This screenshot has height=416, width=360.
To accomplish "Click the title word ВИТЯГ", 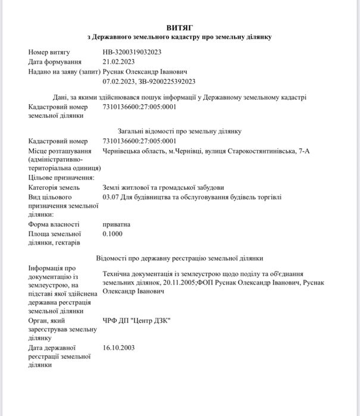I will click(x=179, y=27).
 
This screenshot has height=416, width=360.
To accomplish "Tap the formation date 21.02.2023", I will click(x=119, y=61).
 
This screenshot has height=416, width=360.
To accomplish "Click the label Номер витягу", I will click(x=49, y=52).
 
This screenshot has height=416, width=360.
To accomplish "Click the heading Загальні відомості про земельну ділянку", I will click(x=179, y=131).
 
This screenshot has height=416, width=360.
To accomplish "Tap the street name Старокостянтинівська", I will click(x=260, y=151).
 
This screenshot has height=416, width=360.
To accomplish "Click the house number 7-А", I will click(x=303, y=151).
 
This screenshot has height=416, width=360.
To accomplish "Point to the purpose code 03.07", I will click(x=111, y=196).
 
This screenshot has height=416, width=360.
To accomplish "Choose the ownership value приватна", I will click(x=116, y=224).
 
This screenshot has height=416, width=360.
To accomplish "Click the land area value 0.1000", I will click(x=112, y=234).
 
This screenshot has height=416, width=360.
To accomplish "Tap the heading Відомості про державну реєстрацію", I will click(x=179, y=258).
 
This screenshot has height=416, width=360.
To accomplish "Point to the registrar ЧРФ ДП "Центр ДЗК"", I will click(x=136, y=320).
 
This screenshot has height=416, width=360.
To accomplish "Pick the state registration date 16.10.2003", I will click(x=119, y=346).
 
